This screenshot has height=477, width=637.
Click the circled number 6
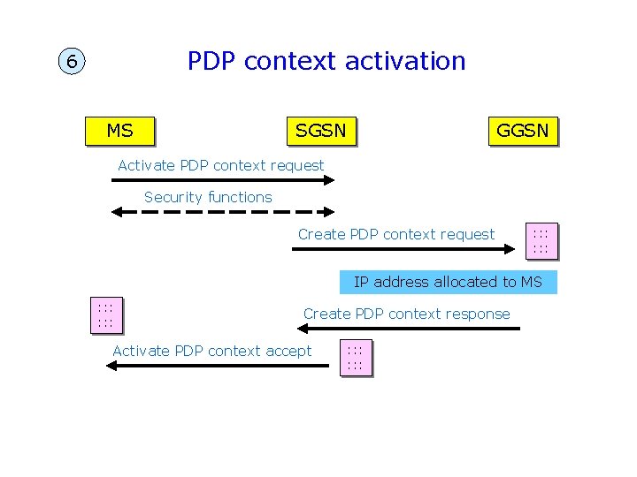(x=72, y=63)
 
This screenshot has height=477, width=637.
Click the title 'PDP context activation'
(x=326, y=61)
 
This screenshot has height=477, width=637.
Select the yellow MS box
(x=119, y=131)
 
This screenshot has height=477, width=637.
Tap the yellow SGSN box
(x=321, y=131)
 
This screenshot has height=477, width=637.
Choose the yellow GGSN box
(x=522, y=131)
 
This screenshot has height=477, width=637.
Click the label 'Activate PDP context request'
(x=220, y=165)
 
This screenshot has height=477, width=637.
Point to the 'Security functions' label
(x=208, y=197)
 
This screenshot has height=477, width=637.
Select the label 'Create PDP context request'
(x=396, y=234)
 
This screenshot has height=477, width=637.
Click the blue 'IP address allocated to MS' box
(x=448, y=282)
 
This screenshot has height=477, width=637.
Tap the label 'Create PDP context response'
(x=406, y=314)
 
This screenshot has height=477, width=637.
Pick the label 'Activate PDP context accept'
(x=211, y=351)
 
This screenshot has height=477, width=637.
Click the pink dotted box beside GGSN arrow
(x=541, y=241)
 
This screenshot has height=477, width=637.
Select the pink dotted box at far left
(x=105, y=315)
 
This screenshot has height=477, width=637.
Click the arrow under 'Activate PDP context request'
(x=224, y=180)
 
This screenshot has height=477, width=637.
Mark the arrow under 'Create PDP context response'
(x=408, y=329)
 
